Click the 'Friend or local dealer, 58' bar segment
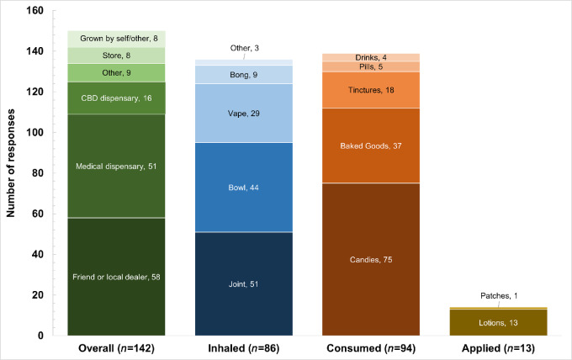tap(116, 278)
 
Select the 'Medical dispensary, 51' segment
tap(116, 166)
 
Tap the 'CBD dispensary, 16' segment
tap(116, 98)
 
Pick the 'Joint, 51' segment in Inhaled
tap(244, 283)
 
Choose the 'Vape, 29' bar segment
tap(244, 113)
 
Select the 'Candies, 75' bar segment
tap(372, 259)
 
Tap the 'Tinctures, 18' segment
tap(372, 90)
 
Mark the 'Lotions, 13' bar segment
tap(500, 323)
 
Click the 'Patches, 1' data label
tap(500, 296)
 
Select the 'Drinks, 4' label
tap(372, 57)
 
